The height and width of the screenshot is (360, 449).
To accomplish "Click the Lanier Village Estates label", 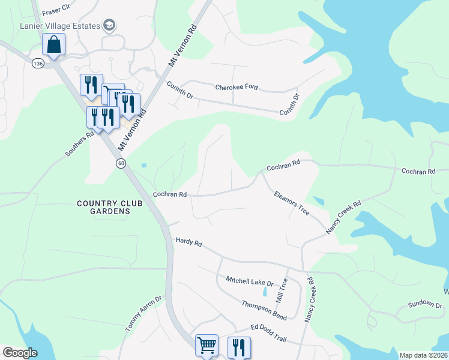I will pyautogui.click(x=59, y=25).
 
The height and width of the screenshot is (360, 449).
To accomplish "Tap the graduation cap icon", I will pyautogui.click(x=109, y=25).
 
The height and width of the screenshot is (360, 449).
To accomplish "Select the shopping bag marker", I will pyautogui.click(x=53, y=45).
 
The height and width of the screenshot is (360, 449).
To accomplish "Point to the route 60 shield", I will pyautogui.click(x=121, y=164).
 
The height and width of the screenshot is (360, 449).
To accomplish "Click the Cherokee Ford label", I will pyautogui.click(x=237, y=87).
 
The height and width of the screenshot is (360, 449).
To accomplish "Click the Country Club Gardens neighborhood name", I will pyautogui.click(x=110, y=207).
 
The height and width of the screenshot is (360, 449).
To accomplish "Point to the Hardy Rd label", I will pyautogui.click(x=188, y=242).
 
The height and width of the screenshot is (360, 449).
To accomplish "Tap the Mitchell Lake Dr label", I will pyautogui.click(x=249, y=280).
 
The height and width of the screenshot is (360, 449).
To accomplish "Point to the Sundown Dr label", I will pyautogui.click(x=425, y=304).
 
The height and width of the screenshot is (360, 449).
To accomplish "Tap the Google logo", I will pyautogui.click(x=20, y=353).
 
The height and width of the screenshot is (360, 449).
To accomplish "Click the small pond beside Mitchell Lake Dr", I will pyautogui.click(x=265, y=293).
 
